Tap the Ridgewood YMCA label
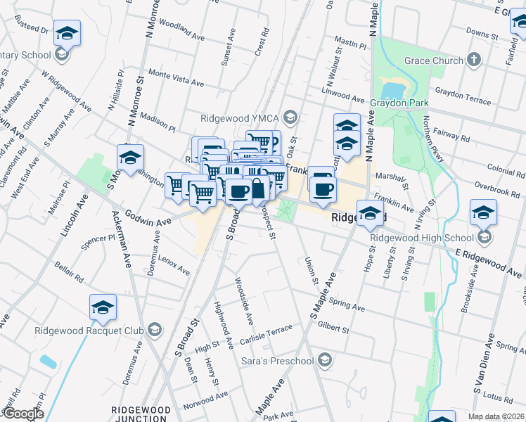click(x=243, y=117)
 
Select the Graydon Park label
click(x=406, y=103)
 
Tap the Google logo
click(x=23, y=414)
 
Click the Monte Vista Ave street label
click(x=176, y=78)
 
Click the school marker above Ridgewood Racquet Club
click(x=103, y=307)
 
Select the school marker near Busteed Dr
click(x=68, y=33)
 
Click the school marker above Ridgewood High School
click(x=484, y=212)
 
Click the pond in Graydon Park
click(x=392, y=90)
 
